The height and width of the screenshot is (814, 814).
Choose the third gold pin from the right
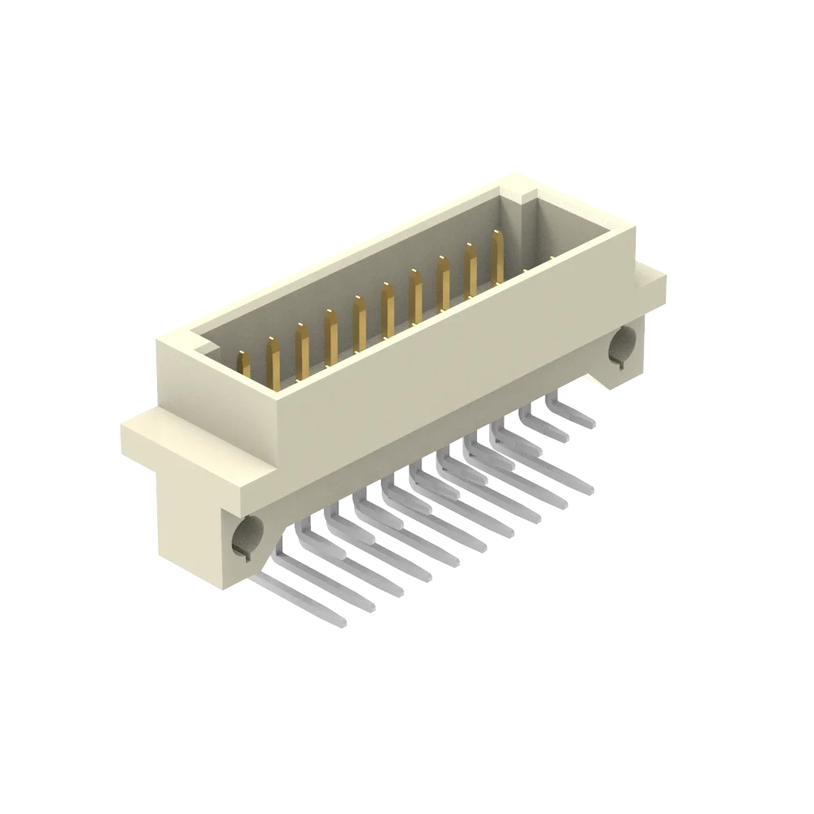pyautogui.click(x=444, y=284)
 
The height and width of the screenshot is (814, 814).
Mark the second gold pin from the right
pyautogui.click(x=471, y=269)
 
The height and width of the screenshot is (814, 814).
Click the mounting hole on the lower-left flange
pyautogui.click(x=245, y=537)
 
